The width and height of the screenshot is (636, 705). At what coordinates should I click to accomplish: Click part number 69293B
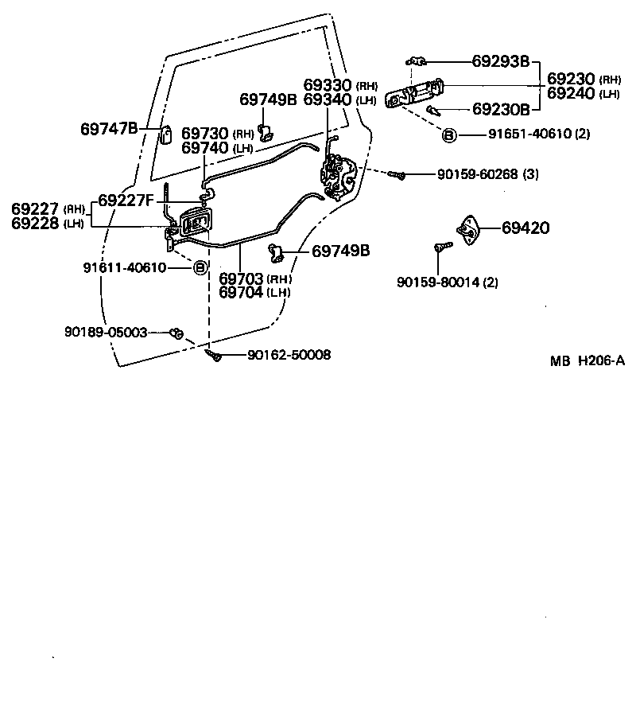pos(500,60)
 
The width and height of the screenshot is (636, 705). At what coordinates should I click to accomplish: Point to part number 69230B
pos(500,108)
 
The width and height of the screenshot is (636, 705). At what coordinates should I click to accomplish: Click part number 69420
pos(525,228)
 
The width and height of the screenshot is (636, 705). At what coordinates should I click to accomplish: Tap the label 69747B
pos(109,128)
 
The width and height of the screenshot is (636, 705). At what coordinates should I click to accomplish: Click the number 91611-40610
pos(125,267)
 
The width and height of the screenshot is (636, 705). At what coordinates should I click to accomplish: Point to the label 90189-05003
pos(106,332)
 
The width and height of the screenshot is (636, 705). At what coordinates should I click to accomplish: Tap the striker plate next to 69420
pos(470,228)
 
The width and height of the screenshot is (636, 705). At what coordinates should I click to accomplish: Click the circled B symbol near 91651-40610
pos(449,135)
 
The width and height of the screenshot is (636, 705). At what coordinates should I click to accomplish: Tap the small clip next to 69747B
pos(167,133)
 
